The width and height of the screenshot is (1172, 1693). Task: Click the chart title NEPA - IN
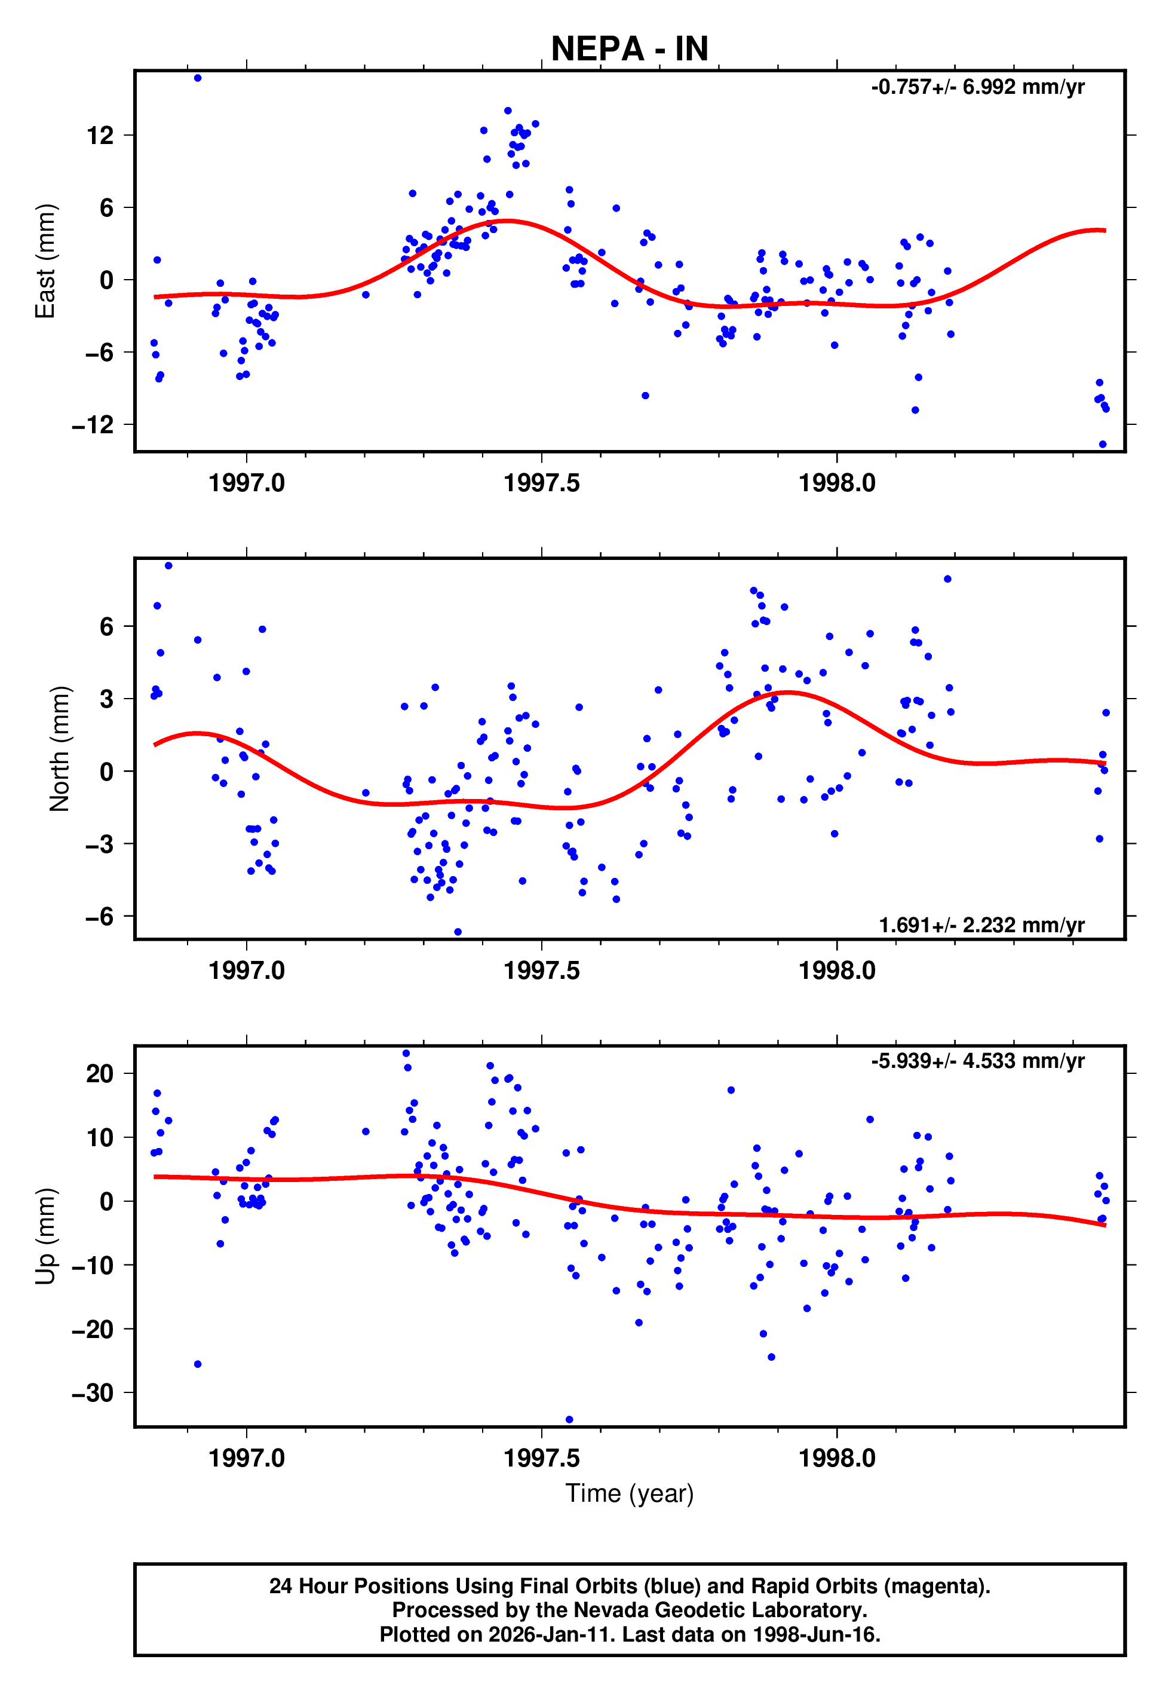pos(630,49)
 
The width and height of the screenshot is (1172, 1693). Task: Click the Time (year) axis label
pos(630,1493)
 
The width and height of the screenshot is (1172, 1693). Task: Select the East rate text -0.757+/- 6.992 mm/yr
pos(977,87)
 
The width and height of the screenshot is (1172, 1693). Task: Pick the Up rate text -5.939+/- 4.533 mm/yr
pos(977,1061)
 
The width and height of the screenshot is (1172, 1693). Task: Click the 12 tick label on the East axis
pos(100,135)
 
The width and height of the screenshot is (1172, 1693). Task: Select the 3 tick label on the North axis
pos(107,699)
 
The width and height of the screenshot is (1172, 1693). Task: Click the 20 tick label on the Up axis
pos(100,1074)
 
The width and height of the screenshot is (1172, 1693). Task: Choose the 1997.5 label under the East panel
pos(541,483)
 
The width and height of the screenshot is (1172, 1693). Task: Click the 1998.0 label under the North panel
pos(836,971)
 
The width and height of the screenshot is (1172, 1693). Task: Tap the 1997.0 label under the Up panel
pos(246,1458)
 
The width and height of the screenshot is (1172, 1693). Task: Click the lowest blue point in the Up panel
pos(569,1420)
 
